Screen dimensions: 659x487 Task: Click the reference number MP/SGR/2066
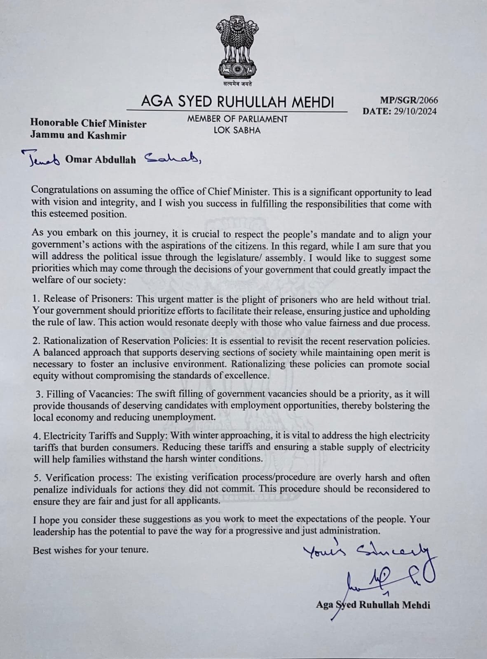(x=409, y=100)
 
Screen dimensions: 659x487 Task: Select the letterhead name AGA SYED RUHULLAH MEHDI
(x=237, y=102)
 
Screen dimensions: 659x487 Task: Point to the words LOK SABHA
(x=237, y=130)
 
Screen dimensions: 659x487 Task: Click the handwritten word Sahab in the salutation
(x=173, y=159)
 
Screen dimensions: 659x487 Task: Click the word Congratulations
(x=65, y=190)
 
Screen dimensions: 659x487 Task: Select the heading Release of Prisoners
(x=87, y=299)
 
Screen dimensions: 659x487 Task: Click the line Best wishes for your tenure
(x=91, y=549)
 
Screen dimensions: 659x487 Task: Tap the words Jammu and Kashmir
(x=79, y=135)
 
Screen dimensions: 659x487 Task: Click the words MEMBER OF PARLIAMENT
(x=237, y=119)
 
